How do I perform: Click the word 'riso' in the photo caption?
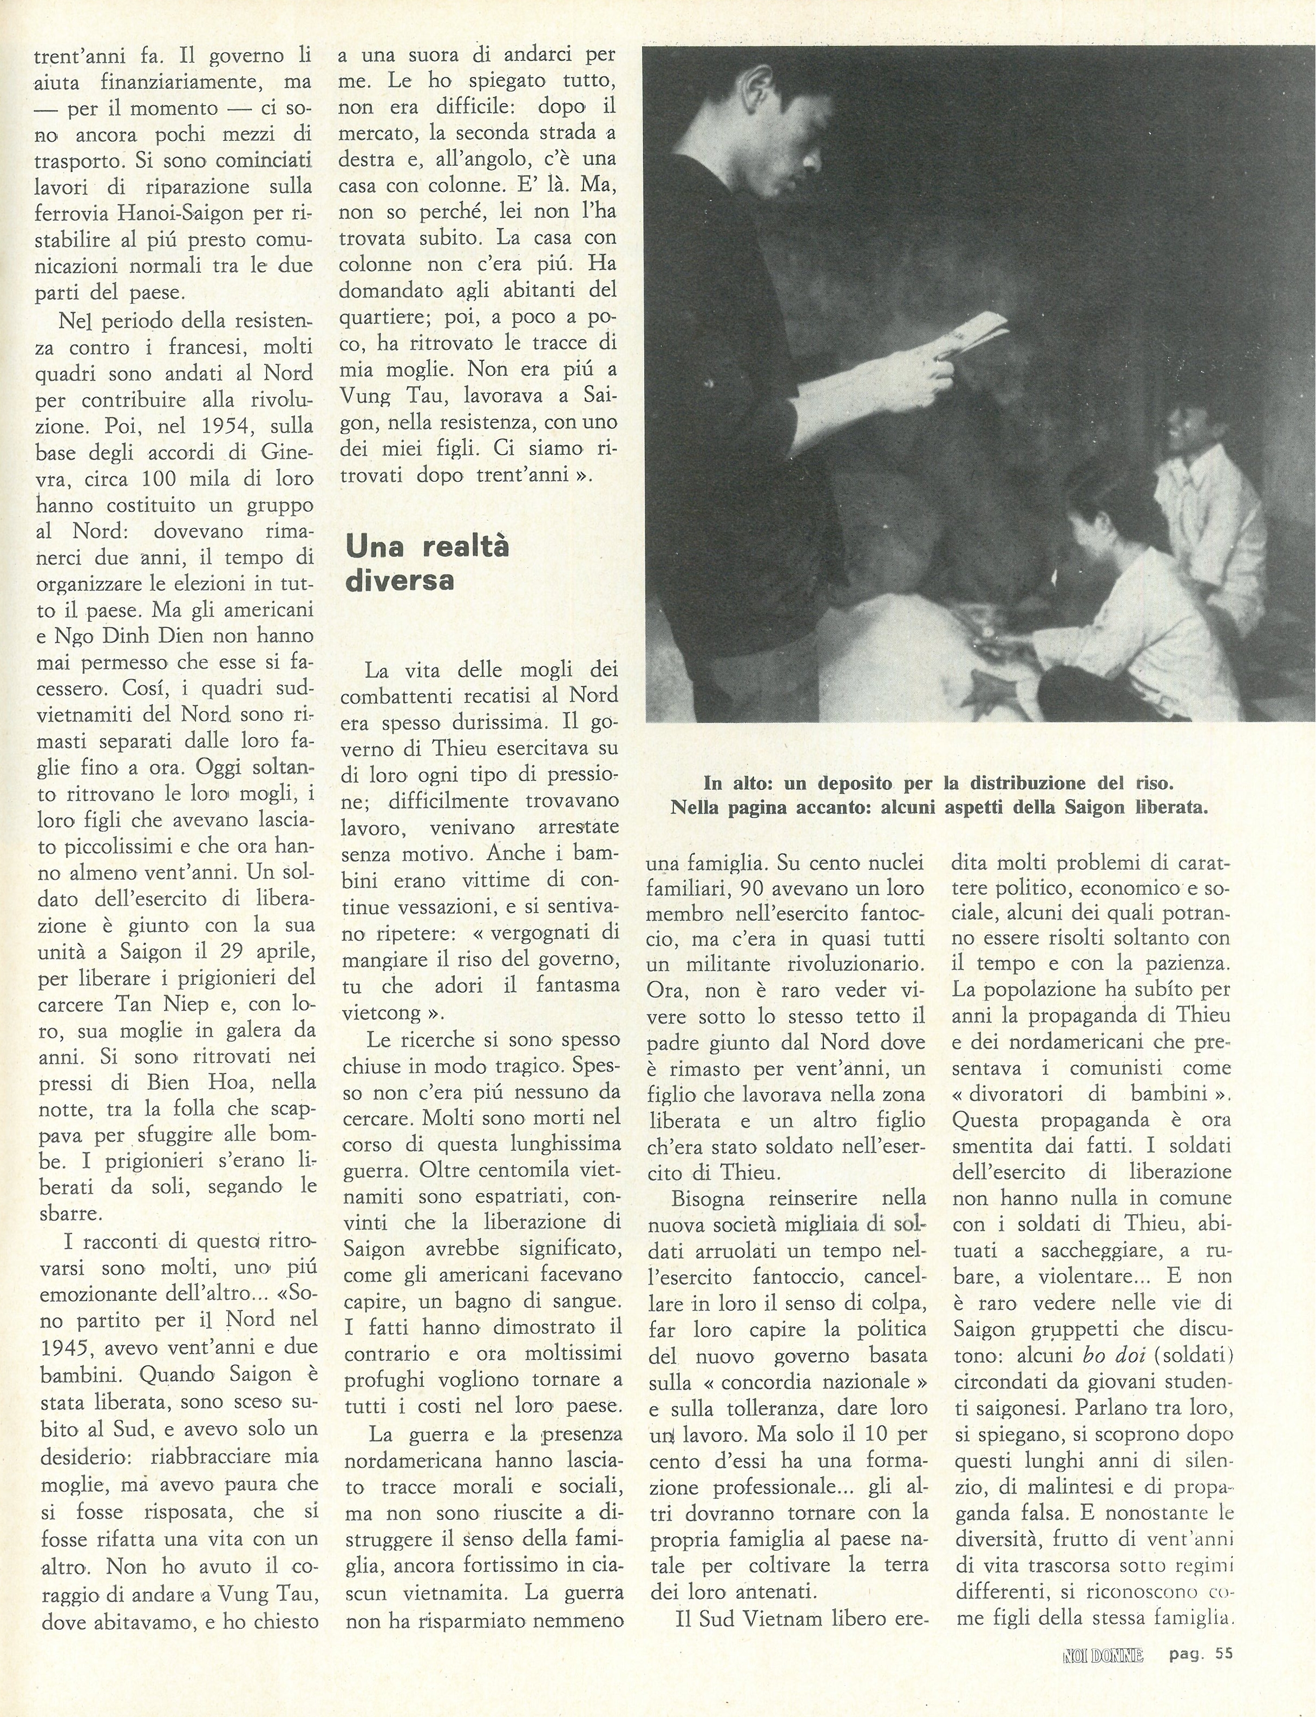pyautogui.click(x=1156, y=783)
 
